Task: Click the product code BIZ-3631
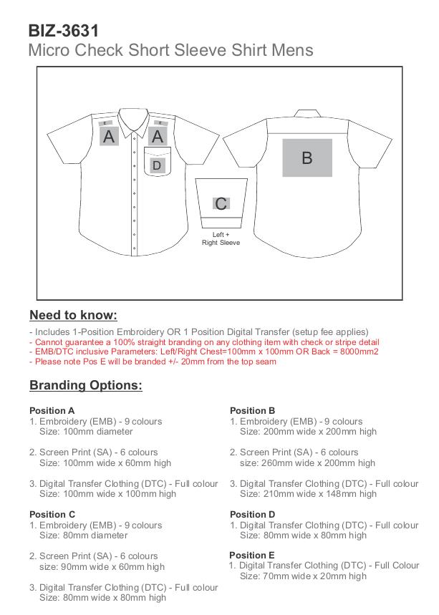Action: click(63, 31)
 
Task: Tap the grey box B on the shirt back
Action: click(307, 158)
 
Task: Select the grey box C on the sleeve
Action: click(221, 204)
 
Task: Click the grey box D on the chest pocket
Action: click(158, 166)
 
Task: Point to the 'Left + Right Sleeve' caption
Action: click(221, 238)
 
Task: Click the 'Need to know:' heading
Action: click(73, 315)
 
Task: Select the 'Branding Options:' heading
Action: click(86, 385)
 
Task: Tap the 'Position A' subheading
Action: click(52, 411)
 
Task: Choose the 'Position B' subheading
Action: click(253, 411)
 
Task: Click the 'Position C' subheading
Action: click(52, 514)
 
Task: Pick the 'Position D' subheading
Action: click(253, 514)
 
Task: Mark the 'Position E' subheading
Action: click(252, 555)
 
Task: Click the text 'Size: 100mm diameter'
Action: click(86, 432)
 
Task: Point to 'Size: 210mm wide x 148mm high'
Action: click(308, 494)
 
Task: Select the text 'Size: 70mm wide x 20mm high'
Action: click(303, 576)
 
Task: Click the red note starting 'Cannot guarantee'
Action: click(205, 342)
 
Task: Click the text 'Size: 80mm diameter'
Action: click(83, 535)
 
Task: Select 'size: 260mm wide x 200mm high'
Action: click(308, 463)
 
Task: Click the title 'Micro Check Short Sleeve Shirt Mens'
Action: click(170, 51)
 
